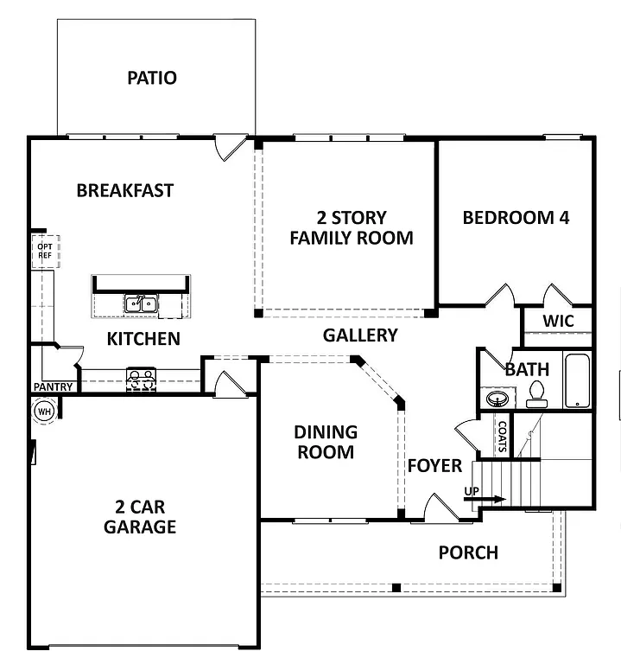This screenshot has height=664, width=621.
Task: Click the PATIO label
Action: tap(152, 78)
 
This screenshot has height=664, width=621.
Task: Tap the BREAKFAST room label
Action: tap(124, 190)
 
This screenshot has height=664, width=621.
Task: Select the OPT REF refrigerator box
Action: tap(45, 251)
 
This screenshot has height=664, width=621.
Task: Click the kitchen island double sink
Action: tap(140, 303)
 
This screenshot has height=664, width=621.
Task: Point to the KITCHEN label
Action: tap(143, 338)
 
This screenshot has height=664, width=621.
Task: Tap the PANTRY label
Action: tap(52, 386)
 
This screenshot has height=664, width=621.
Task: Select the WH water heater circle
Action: tap(44, 411)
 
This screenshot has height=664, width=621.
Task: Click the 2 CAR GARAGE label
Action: tap(140, 516)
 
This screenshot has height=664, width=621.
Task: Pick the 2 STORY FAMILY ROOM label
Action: tap(351, 227)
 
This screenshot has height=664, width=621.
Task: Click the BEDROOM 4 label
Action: tap(516, 217)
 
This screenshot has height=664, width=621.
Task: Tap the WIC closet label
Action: tap(557, 321)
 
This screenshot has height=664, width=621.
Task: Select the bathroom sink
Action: tap(497, 399)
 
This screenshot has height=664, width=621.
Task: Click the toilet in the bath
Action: tap(536, 394)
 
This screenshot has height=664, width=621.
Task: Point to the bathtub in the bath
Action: tap(576, 380)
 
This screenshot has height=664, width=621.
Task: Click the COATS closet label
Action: tap(502, 437)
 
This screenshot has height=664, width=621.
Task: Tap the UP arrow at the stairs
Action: tap(485, 497)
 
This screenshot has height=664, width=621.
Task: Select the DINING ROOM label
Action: tap(325, 441)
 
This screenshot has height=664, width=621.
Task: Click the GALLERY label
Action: tap(360, 335)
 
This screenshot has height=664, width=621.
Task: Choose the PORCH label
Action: tap(467, 552)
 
